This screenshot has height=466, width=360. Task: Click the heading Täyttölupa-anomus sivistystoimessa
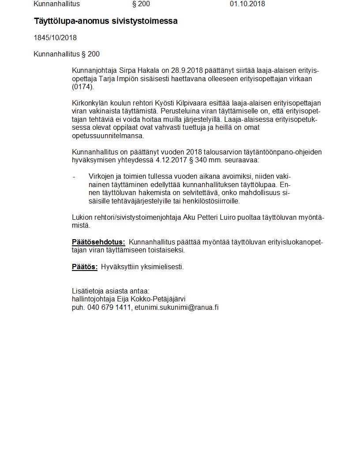point(105,21)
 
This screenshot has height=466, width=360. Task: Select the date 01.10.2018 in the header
point(247,4)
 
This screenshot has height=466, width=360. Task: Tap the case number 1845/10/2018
point(55,38)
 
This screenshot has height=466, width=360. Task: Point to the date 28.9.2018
point(187,71)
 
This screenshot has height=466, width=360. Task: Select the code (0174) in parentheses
point(83,86)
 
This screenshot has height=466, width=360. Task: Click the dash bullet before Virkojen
point(74,177)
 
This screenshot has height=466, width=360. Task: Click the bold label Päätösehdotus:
point(98,242)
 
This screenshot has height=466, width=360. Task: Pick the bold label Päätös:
point(85,267)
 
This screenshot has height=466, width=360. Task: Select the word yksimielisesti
point(162,267)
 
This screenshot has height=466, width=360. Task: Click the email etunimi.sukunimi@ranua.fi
point(176,307)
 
